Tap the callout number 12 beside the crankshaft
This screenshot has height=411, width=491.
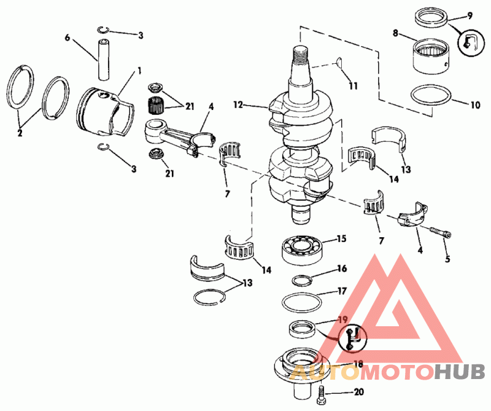point(238,104)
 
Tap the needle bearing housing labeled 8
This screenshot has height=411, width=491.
point(431,56)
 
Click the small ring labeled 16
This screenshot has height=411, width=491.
point(302,280)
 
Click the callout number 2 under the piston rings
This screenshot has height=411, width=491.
point(20,133)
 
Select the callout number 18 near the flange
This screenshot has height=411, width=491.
point(358,364)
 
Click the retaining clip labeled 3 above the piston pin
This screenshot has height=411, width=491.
point(103,29)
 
